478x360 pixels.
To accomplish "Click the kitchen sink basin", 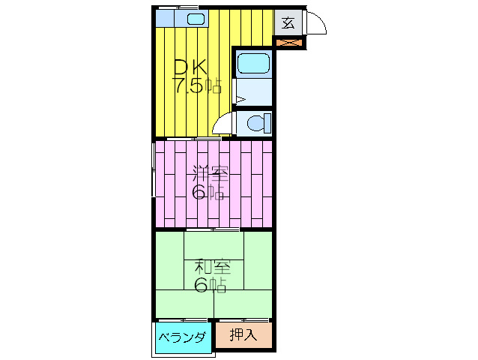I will pyautogui.click(x=195, y=20).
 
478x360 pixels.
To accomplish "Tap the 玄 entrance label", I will pyautogui.click(x=288, y=22).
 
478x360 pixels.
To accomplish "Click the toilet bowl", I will pyautogui.click(x=256, y=123).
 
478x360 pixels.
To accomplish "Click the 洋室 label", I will pyautogui.click(x=209, y=173).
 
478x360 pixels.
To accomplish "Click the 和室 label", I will pyautogui.click(x=213, y=266).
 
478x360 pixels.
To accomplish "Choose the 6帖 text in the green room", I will pyautogui.click(x=211, y=285).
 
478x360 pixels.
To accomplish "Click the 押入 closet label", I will pyautogui.click(x=243, y=335).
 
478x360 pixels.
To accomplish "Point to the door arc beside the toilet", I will pyautogui.click(x=223, y=124).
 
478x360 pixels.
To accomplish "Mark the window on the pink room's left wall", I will pyautogui.click(x=154, y=184).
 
